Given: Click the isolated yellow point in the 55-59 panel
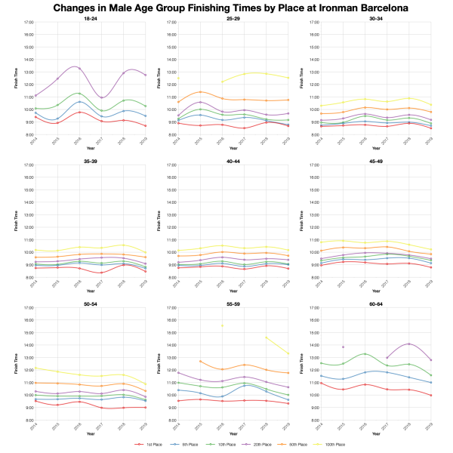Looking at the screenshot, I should [222, 325].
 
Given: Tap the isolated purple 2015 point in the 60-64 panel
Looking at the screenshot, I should [344, 347].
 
